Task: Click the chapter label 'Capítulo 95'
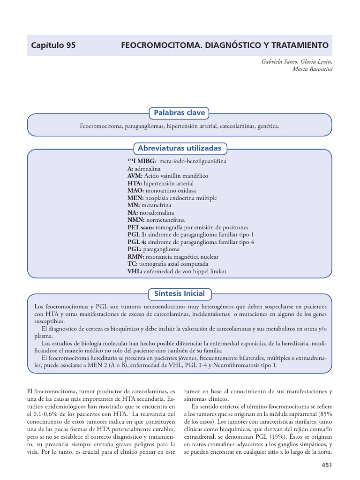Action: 53,45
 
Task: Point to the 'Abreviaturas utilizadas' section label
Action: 180,148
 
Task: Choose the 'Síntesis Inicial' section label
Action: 180,293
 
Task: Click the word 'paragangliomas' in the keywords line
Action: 143,126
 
